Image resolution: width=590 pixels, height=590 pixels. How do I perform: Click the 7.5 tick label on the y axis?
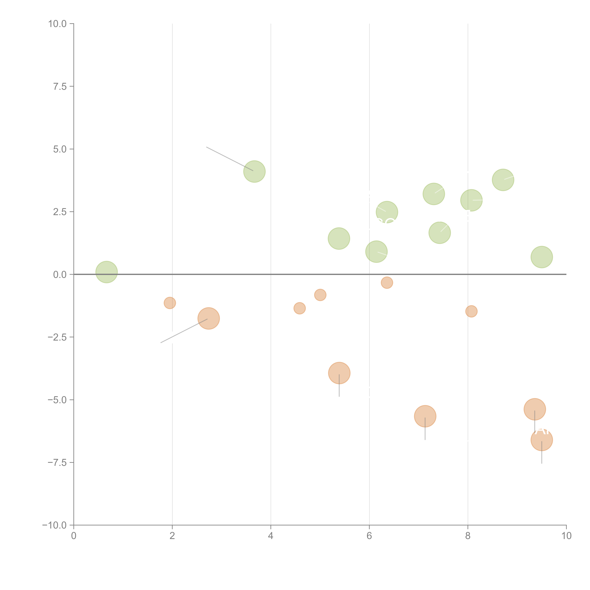60,86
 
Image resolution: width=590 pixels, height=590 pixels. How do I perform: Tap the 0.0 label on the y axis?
60,275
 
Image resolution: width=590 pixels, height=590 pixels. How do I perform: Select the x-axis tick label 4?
271,536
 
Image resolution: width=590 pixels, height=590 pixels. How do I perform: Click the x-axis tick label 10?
566,536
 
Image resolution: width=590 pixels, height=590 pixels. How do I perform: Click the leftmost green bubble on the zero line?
107,272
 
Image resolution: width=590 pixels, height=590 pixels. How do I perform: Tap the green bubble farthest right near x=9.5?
542,257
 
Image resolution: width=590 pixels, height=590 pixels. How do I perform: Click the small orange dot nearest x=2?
170,303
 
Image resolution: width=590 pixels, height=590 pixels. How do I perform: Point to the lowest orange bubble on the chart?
542,440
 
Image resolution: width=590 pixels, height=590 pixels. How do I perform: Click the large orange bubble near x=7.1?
425,416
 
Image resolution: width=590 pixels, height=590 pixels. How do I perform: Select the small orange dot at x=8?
471,311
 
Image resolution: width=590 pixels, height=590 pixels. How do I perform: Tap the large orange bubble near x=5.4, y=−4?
339,373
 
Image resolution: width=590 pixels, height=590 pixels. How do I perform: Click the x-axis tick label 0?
74,536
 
